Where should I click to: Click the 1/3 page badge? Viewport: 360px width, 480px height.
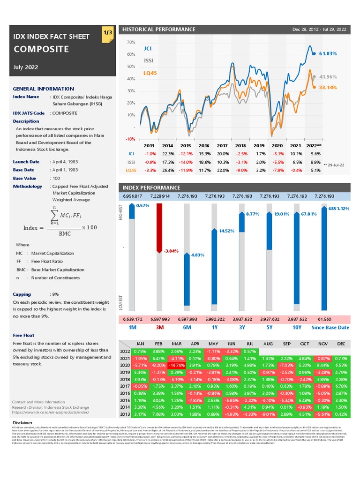pyautogui.click(x=107, y=33)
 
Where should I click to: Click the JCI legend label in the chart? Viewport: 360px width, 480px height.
pyautogui.click(x=148, y=48)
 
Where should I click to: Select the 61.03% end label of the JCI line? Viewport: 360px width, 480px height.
pyautogui.click(x=328, y=54)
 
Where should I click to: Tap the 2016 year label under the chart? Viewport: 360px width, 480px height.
pyautogui.click(x=204, y=146)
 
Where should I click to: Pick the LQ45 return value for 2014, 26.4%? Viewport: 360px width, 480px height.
pyautogui.click(x=168, y=170)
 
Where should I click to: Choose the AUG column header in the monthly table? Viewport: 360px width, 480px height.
pyautogui.click(x=268, y=344)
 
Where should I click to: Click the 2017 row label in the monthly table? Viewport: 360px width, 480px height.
pyautogui.click(x=125, y=386)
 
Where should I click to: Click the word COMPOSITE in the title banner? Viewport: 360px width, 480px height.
pyautogui.click(x=41, y=49)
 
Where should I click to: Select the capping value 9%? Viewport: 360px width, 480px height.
pyautogui.click(x=55, y=294)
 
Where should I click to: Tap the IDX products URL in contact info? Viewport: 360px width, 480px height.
pyautogui.click(x=51, y=412)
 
